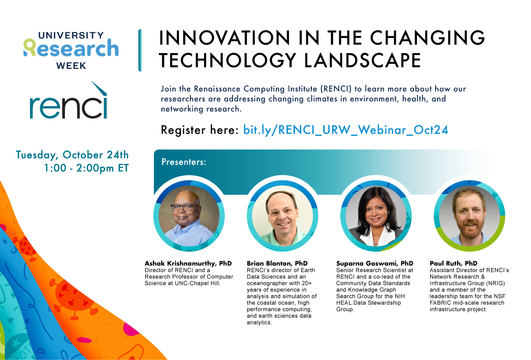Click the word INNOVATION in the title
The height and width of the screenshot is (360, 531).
[225, 37]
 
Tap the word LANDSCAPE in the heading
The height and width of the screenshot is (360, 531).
[362, 60]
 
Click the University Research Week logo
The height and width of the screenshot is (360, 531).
[71, 50]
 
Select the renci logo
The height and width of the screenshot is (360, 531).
[68, 100]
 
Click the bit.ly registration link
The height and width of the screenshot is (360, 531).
[346, 130]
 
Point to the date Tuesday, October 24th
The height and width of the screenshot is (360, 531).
[72, 155]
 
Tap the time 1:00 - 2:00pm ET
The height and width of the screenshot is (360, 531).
[87, 168]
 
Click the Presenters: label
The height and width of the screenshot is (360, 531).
[183, 162]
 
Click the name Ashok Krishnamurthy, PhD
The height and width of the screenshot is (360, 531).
[188, 263]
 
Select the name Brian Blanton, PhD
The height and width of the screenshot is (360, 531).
[277, 263]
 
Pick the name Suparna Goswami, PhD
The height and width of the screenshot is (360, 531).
[375, 263]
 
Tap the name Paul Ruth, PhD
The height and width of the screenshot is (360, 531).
[453, 263]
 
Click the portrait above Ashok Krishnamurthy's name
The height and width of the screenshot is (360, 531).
[189, 216]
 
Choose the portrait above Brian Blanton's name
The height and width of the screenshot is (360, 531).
[282, 216]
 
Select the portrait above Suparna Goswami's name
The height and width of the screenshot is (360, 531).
[376, 216]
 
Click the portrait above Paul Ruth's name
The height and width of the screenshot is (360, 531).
[470, 216]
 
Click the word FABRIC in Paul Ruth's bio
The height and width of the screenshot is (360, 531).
[439, 303]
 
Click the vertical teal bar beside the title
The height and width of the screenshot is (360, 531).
[140, 51]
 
